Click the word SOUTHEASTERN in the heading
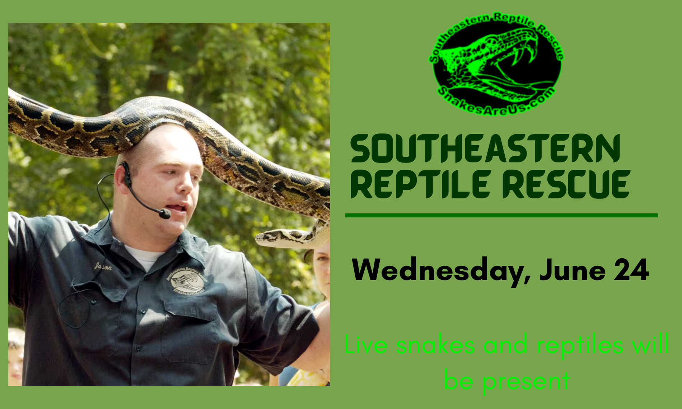pos(485,149)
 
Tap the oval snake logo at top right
pos(496,64)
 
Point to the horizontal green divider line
pos(501,215)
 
